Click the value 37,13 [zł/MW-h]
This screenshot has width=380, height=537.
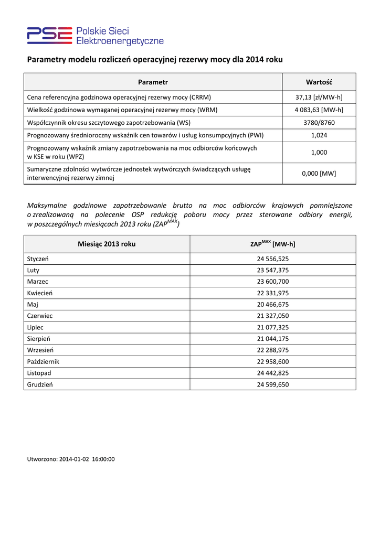click(x=319, y=98)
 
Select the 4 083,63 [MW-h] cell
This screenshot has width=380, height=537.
click(x=319, y=110)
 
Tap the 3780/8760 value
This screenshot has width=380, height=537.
click(x=319, y=122)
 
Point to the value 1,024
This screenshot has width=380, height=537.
click(x=319, y=135)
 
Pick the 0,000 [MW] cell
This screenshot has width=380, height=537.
click(x=319, y=174)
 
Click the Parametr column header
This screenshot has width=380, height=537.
click(x=153, y=82)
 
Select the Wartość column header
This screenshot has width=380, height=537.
click(x=319, y=82)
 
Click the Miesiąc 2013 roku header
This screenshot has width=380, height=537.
click(x=107, y=244)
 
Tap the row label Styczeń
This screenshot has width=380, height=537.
click(x=38, y=259)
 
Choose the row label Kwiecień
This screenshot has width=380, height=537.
click(x=39, y=293)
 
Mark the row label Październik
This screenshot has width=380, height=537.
click(x=43, y=361)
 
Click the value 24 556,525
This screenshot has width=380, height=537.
click(x=272, y=259)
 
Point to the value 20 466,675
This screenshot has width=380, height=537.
click(x=272, y=305)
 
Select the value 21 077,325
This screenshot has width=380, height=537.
click(x=272, y=327)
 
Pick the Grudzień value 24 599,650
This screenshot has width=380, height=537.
click(x=272, y=384)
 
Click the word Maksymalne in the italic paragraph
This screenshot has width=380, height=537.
click(x=49, y=206)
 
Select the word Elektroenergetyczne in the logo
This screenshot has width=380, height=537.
click(x=120, y=41)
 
